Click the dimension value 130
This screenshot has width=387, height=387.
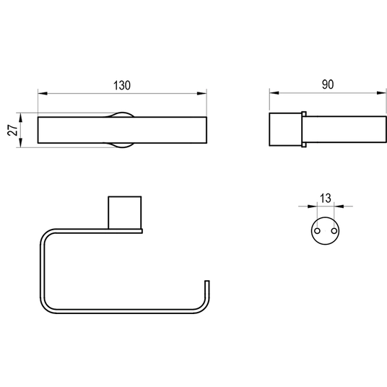click(x=122, y=85)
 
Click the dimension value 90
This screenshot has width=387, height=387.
click(x=328, y=84)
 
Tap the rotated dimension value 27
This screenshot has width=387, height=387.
click(x=12, y=129)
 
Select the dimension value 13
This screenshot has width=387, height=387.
click(x=326, y=199)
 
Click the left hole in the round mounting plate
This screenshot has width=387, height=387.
click(x=318, y=231)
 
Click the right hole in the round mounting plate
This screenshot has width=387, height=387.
click(x=334, y=231)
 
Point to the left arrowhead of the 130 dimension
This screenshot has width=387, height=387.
click(x=43, y=94)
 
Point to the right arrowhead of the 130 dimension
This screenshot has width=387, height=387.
click(x=202, y=94)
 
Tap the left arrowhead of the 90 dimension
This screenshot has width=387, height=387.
click(x=274, y=93)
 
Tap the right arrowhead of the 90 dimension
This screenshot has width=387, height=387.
click(x=381, y=93)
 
